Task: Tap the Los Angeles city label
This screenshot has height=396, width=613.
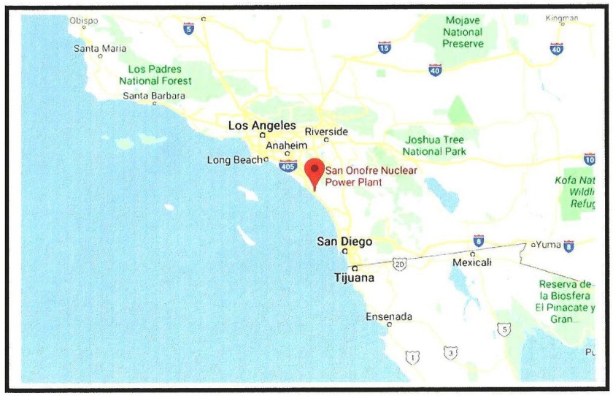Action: pyautogui.click(x=262, y=126)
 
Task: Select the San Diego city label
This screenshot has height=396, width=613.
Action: pyautogui.click(x=344, y=242)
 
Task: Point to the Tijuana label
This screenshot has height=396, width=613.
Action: pyautogui.click(x=354, y=278)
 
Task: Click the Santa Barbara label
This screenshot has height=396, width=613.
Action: pyautogui.click(x=154, y=96)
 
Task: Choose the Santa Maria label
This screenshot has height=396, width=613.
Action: pyautogui.click(x=100, y=49)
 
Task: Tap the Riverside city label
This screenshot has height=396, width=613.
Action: pyautogui.click(x=326, y=132)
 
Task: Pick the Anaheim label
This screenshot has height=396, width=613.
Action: pyautogui.click(x=287, y=145)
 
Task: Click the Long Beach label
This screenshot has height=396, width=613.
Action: pyautogui.click(x=232, y=160)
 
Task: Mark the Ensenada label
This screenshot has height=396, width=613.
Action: pyautogui.click(x=389, y=316)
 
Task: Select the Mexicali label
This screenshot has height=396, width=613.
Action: pyautogui.click(x=472, y=262)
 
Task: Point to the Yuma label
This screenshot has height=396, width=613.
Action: pyautogui.click(x=549, y=244)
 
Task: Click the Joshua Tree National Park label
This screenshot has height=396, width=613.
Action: pyautogui.click(x=434, y=145)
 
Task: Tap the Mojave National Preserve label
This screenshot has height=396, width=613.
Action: pyautogui.click(x=463, y=31)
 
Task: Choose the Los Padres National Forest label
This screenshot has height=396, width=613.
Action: pyautogui.click(x=155, y=75)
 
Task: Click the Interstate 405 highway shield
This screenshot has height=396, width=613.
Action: pyautogui.click(x=288, y=167)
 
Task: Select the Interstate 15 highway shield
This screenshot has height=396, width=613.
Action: pyautogui.click(x=385, y=47)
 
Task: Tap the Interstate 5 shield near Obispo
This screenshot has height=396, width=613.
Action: pyautogui.click(x=189, y=28)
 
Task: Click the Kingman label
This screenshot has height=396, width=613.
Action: pyautogui.click(x=561, y=18)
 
